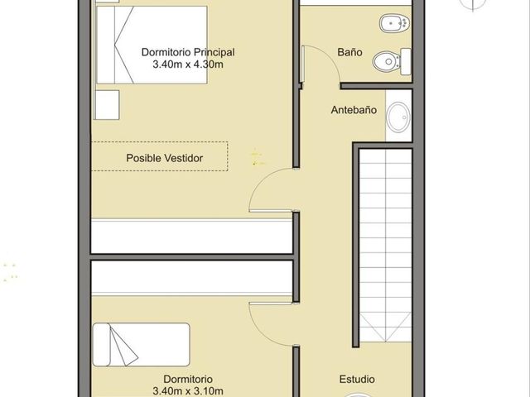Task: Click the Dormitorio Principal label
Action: [188, 52]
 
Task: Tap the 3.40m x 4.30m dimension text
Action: [188, 65]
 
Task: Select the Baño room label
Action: [349, 52]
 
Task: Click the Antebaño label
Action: [354, 110]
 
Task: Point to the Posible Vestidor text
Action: [165, 158]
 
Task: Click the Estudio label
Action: [357, 379]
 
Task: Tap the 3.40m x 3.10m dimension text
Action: [188, 391]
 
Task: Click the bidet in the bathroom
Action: [394, 24]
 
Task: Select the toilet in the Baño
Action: [392, 62]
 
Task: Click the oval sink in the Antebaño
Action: [399, 117]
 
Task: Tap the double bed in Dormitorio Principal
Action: [152, 45]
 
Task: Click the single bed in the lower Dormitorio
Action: [142, 345]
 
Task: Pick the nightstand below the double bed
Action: [107, 105]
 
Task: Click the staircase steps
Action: [385, 245]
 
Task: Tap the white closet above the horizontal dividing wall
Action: [191, 237]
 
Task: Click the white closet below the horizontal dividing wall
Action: [191, 278]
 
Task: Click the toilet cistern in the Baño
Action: [406, 62]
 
